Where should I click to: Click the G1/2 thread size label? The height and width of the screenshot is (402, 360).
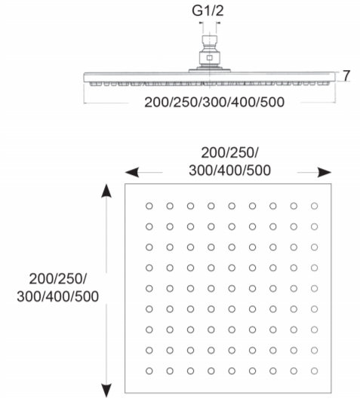pyautogui.click(x=208, y=11)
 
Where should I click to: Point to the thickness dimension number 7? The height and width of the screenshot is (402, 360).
pyautogui.click(x=346, y=75)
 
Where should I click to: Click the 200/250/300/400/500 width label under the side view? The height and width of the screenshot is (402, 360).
pyautogui.click(x=214, y=102)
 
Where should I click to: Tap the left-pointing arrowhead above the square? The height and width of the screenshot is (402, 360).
pyautogui.click(x=132, y=172)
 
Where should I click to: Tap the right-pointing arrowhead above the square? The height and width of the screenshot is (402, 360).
pyautogui.click(x=325, y=172)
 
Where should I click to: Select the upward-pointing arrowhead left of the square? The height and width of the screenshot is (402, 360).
pyautogui.click(x=106, y=191)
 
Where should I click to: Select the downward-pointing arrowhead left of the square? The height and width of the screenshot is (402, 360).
pyautogui.click(x=106, y=391)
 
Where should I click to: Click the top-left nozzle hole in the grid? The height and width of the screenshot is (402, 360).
pyautogui.click(x=149, y=206)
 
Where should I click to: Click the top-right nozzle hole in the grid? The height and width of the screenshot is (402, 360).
pyautogui.click(x=314, y=206)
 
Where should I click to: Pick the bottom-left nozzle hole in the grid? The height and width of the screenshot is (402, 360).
pyautogui.click(x=149, y=371)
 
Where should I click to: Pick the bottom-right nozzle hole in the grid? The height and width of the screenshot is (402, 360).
pyautogui.click(x=314, y=371)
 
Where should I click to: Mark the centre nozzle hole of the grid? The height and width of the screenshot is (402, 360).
pyautogui.click(x=232, y=288)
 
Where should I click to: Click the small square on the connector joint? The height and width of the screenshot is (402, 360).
pyautogui.click(x=209, y=57)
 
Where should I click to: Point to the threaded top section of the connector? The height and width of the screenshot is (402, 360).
pyautogui.click(x=210, y=41)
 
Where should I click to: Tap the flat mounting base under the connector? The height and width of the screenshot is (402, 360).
pyautogui.click(x=210, y=70)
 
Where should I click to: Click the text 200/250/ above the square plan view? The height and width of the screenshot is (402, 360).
pyautogui.click(x=229, y=153)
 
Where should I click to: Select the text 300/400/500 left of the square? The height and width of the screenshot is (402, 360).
pyautogui.click(x=57, y=296)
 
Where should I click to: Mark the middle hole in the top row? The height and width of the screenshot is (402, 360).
pyautogui.click(x=232, y=206)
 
